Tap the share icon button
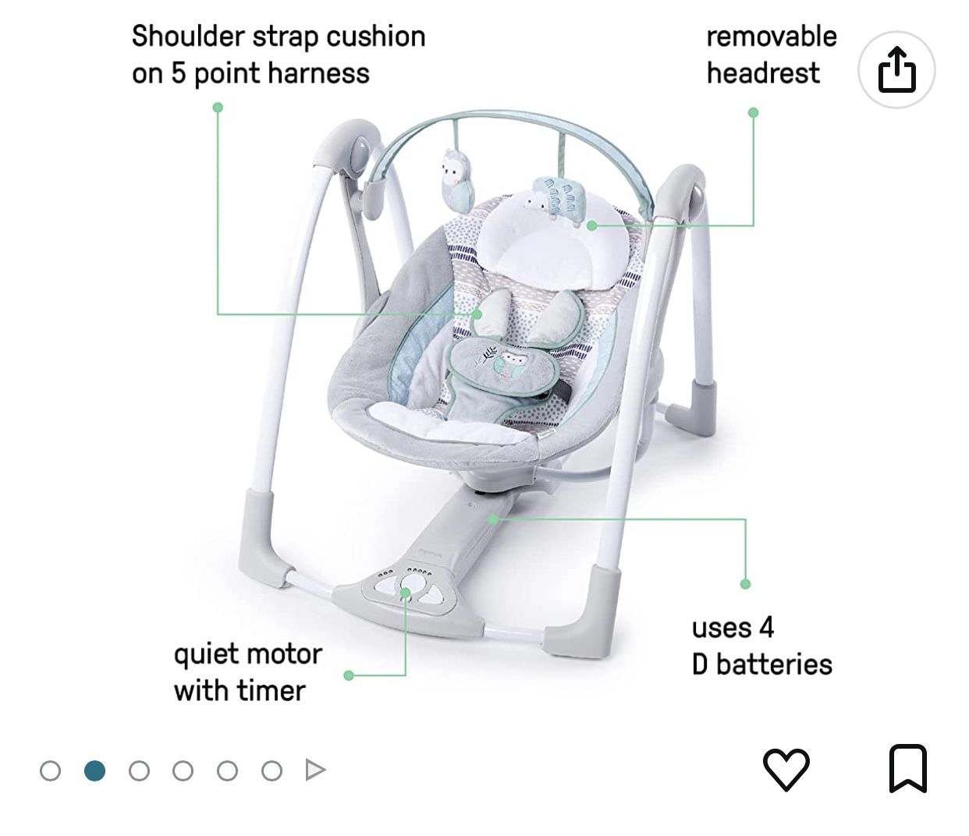[896, 70]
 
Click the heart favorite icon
[786, 769]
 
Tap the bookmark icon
[908, 769]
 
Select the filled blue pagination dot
[94, 770]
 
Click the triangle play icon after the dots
[315, 770]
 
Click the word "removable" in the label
[771, 37]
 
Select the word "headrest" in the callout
[762, 73]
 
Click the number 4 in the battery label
[766, 628]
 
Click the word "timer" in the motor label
[268, 691]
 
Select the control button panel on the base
[406, 588]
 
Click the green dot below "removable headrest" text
[753, 112]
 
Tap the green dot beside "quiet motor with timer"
[349, 675]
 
